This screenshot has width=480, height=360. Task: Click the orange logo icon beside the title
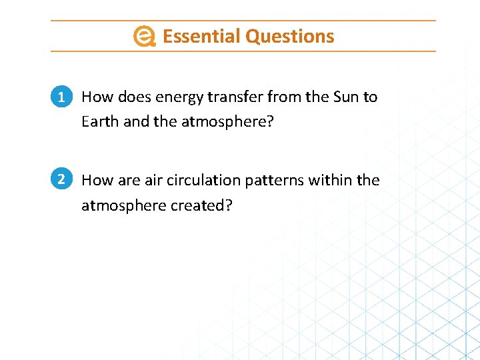[144, 36]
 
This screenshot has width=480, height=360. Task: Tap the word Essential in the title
[201, 36]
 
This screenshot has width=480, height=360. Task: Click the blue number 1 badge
[61, 97]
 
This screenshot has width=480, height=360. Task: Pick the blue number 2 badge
[61, 179]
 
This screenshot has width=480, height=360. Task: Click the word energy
[179, 98]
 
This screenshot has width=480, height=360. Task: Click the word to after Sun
[370, 97]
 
